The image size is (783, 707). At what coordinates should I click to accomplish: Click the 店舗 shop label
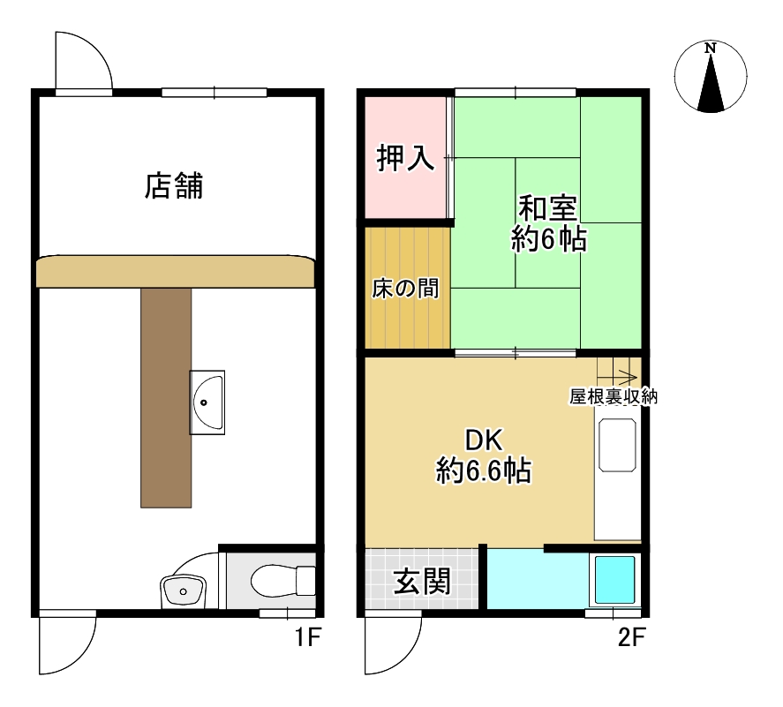coord(174,185)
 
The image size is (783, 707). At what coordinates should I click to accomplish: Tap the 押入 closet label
coord(405,158)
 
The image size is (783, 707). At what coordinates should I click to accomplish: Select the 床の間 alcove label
coord(405,289)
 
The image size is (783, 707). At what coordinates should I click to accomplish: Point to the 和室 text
coord(547,207)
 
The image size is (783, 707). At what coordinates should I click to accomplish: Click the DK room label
coord(484,440)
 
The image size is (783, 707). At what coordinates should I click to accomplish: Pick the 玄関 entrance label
coord(422,581)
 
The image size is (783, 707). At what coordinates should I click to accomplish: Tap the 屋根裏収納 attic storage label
coord(614,397)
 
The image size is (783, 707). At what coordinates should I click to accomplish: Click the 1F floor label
coord(307,637)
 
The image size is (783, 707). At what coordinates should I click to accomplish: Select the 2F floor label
coord(632,637)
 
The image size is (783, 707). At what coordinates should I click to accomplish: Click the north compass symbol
coord(711,77)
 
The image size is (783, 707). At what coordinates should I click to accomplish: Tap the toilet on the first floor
coord(282,581)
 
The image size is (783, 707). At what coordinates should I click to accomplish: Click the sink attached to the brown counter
coord(207,402)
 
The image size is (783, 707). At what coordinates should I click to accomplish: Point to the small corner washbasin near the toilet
coord(184,591)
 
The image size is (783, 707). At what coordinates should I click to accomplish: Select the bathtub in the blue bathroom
coord(614,580)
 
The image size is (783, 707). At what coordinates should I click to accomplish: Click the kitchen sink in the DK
coord(618,445)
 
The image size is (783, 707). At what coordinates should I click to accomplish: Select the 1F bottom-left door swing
coord(67,642)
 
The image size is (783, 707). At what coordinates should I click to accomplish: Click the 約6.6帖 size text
coord(484,470)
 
